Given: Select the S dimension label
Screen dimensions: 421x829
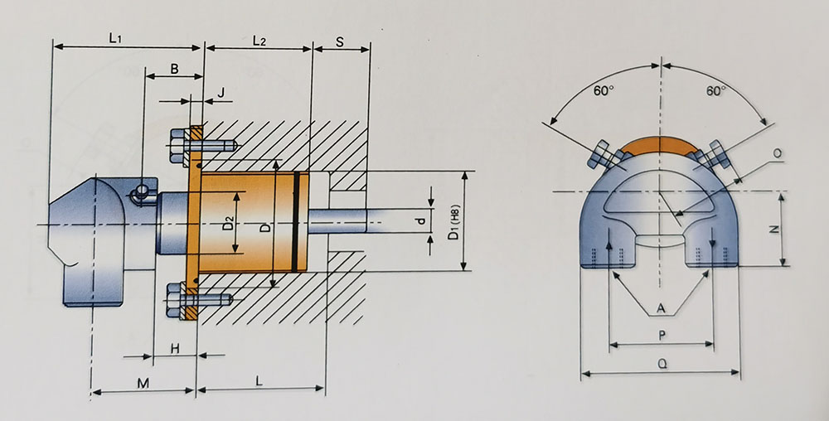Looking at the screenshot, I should (x=341, y=41).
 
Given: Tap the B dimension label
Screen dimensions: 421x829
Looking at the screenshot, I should (x=174, y=70).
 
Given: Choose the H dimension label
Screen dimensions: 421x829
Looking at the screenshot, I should (x=175, y=349).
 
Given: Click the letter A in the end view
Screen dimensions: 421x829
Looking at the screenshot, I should (x=661, y=308).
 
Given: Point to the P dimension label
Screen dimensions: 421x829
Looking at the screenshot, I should (x=661, y=335).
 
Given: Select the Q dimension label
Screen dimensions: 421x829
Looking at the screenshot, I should (x=661, y=363).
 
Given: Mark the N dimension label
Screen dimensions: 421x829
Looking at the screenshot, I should (x=773, y=230).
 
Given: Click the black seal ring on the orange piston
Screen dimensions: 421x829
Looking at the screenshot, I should (x=296, y=221).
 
